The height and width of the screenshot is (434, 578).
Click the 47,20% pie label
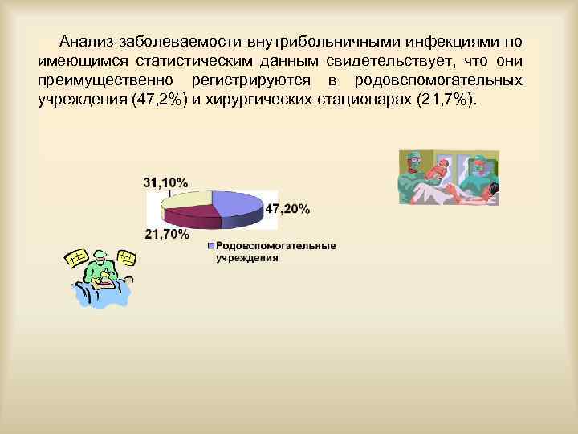pyautogui.click(x=287, y=209)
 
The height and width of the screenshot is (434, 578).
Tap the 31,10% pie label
pyautogui.click(x=166, y=182)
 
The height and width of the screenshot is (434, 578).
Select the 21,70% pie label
pyautogui.click(x=168, y=235)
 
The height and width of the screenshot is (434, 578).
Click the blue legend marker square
pyautogui.click(x=210, y=246)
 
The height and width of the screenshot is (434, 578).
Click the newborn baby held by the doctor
pyautogui.click(x=442, y=170)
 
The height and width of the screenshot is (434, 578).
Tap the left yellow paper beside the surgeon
pyautogui.click(x=74, y=260)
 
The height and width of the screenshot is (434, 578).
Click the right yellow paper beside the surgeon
pyautogui.click(x=128, y=257)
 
